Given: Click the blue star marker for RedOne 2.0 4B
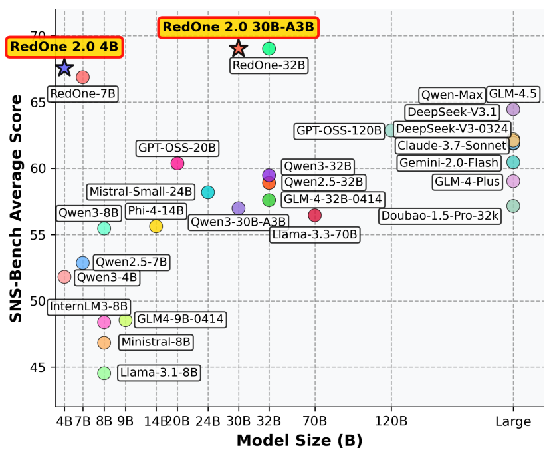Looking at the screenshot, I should pyautogui.click(x=64, y=67).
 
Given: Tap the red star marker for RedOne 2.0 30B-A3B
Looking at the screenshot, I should pyautogui.click(x=239, y=48).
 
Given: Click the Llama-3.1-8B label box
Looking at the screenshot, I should pyautogui.click(x=159, y=373).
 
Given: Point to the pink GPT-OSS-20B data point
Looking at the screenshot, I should pyautogui.click(x=177, y=164).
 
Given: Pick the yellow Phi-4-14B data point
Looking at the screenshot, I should pyautogui.click(x=156, y=226).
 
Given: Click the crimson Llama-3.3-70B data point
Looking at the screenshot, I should pyautogui.click(x=315, y=215).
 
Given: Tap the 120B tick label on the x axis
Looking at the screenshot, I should pyautogui.click(x=391, y=421).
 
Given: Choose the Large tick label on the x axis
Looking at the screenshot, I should pyautogui.click(x=513, y=421).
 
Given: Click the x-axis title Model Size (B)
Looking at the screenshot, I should pyautogui.click(x=299, y=441).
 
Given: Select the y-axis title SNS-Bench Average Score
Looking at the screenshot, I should pyautogui.click(x=16, y=208).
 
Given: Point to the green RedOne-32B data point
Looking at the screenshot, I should pyautogui.click(x=269, y=48).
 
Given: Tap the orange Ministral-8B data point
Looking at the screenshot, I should pyautogui.click(x=104, y=342).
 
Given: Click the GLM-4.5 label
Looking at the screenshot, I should pyautogui.click(x=512, y=93).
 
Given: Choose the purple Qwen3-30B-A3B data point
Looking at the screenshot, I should pyautogui.click(x=239, y=208).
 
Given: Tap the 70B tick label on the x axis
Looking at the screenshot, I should pyautogui.click(x=315, y=421).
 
